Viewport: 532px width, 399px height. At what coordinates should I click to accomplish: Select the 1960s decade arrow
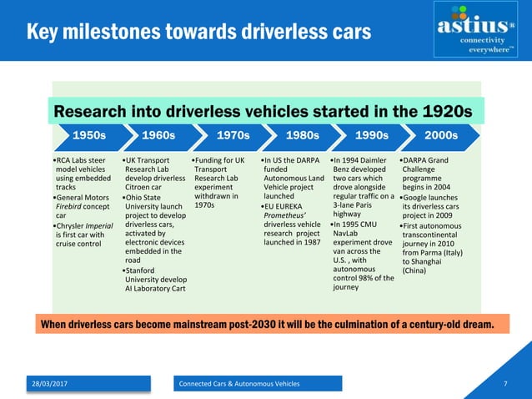click(x=158, y=135)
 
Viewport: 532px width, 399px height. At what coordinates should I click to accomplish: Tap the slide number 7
click(x=505, y=383)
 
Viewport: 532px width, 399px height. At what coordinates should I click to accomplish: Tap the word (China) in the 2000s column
click(x=414, y=270)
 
